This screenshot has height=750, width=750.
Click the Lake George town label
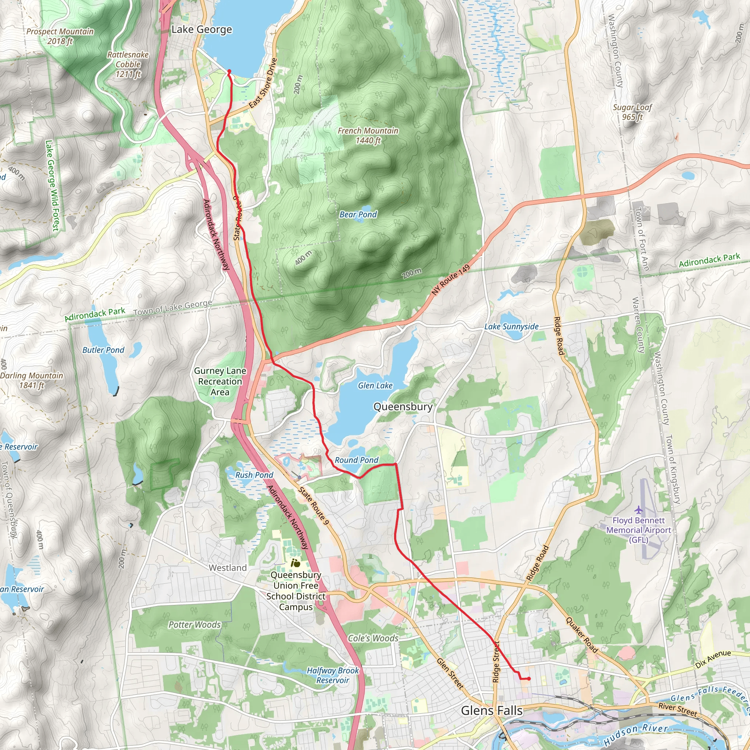201,30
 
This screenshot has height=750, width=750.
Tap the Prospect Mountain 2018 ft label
60,36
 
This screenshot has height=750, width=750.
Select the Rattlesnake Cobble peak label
128,64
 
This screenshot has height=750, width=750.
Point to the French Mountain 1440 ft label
368,135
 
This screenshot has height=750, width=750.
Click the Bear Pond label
358,214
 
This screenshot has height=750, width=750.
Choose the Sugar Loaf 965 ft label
632,112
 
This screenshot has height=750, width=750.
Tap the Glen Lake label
375,386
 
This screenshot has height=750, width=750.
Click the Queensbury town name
402,406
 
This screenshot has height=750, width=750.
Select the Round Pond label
356,460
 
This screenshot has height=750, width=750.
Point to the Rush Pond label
254,475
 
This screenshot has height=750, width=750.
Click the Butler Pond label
103,350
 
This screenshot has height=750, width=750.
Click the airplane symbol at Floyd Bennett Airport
639,509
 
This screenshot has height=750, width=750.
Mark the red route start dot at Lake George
229,71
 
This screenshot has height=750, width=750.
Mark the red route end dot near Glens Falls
529,679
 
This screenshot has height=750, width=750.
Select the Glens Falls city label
491,710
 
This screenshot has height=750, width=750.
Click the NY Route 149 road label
451,280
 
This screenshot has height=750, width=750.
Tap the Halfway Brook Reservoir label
333,675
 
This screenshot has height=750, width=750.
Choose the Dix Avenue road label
713,659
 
